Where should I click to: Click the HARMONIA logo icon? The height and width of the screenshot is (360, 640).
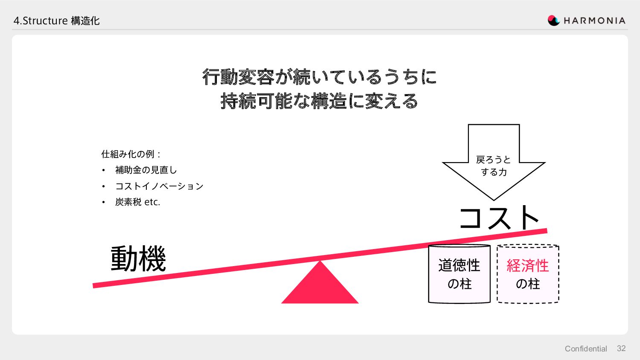coord(553,20)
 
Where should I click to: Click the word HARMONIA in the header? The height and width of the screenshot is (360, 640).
coord(594,20)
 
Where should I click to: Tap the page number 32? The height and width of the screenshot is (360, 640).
coord(621,348)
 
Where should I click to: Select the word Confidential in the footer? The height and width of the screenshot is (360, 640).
coord(585,349)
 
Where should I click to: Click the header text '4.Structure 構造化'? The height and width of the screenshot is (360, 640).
coord(56,20)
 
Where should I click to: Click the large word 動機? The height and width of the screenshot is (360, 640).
coord(138,258)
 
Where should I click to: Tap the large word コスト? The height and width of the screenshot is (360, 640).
coord(498,218)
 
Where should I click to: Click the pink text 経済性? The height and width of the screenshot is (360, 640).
coord(528,266)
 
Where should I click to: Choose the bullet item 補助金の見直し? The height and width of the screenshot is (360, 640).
coord(146,170)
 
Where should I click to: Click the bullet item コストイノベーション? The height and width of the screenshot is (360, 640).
coord(159,186)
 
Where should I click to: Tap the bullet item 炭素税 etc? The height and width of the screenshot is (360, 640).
coord(137,202)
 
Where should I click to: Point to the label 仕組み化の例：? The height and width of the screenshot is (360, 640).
coord(131,154)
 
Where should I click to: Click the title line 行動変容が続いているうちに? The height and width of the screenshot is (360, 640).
coord(320,77)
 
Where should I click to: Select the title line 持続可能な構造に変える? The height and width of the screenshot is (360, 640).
coord(320,101)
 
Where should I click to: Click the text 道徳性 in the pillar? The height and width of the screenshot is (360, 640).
coord(459,265)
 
